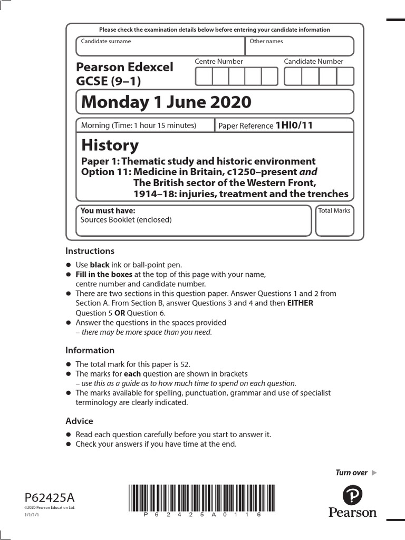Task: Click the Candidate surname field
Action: coord(160,46)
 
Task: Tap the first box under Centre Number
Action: coord(204,76)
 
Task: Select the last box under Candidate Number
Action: coord(345,76)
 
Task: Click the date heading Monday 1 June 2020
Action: coord(163,102)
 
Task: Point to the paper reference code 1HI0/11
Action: coord(294,126)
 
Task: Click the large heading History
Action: coord(110,145)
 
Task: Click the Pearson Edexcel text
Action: coord(124,67)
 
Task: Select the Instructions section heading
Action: coord(90,251)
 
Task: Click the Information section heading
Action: coord(90,350)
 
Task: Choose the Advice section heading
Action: coord(79,421)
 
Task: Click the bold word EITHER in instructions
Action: coord(300,303)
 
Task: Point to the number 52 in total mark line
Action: coord(185,364)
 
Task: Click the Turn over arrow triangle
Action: coord(374,472)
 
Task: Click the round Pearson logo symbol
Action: coord(352,496)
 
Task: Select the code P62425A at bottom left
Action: coord(50,497)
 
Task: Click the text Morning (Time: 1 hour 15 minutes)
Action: coord(138,126)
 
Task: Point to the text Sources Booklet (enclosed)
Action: coord(126,220)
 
